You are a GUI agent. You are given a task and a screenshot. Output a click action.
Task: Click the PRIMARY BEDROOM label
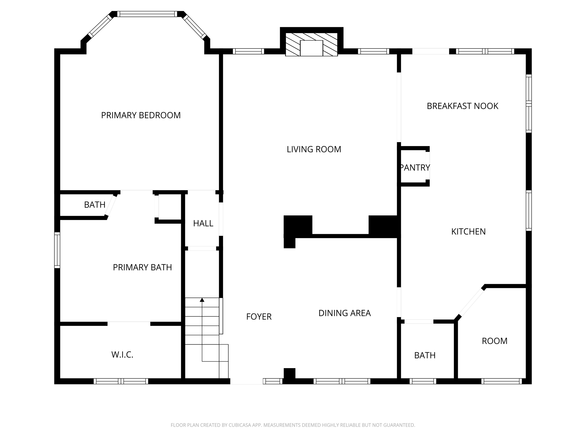click(x=141, y=115)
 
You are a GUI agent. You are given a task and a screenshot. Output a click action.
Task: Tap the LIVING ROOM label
click(x=314, y=149)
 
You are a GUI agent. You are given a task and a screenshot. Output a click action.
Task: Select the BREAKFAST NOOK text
click(x=462, y=106)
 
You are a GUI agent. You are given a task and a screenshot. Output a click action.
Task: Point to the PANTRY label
click(x=415, y=168)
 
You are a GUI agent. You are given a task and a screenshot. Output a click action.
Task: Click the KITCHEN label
click(x=468, y=231)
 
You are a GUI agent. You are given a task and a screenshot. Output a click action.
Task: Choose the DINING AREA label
click(x=345, y=313)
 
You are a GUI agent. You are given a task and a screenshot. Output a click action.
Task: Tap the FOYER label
click(x=259, y=317)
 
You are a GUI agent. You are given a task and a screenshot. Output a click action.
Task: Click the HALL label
click(x=203, y=223)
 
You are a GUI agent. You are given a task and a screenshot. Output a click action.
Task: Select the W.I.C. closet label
click(x=122, y=355)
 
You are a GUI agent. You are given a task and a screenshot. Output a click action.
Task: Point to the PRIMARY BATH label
click(x=142, y=267)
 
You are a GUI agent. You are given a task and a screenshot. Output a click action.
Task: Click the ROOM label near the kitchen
click(x=494, y=341)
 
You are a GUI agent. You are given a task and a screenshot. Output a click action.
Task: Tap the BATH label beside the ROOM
click(x=425, y=355)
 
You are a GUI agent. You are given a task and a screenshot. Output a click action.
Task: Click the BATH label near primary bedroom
click(x=95, y=205)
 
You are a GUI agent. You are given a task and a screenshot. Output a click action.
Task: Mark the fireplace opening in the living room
click(x=311, y=48)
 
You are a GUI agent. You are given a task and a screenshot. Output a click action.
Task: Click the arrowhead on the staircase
click(x=202, y=300)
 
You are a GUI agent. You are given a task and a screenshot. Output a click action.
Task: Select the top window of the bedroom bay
click(x=147, y=14)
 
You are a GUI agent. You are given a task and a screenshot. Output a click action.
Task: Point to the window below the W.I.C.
click(x=121, y=381)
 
